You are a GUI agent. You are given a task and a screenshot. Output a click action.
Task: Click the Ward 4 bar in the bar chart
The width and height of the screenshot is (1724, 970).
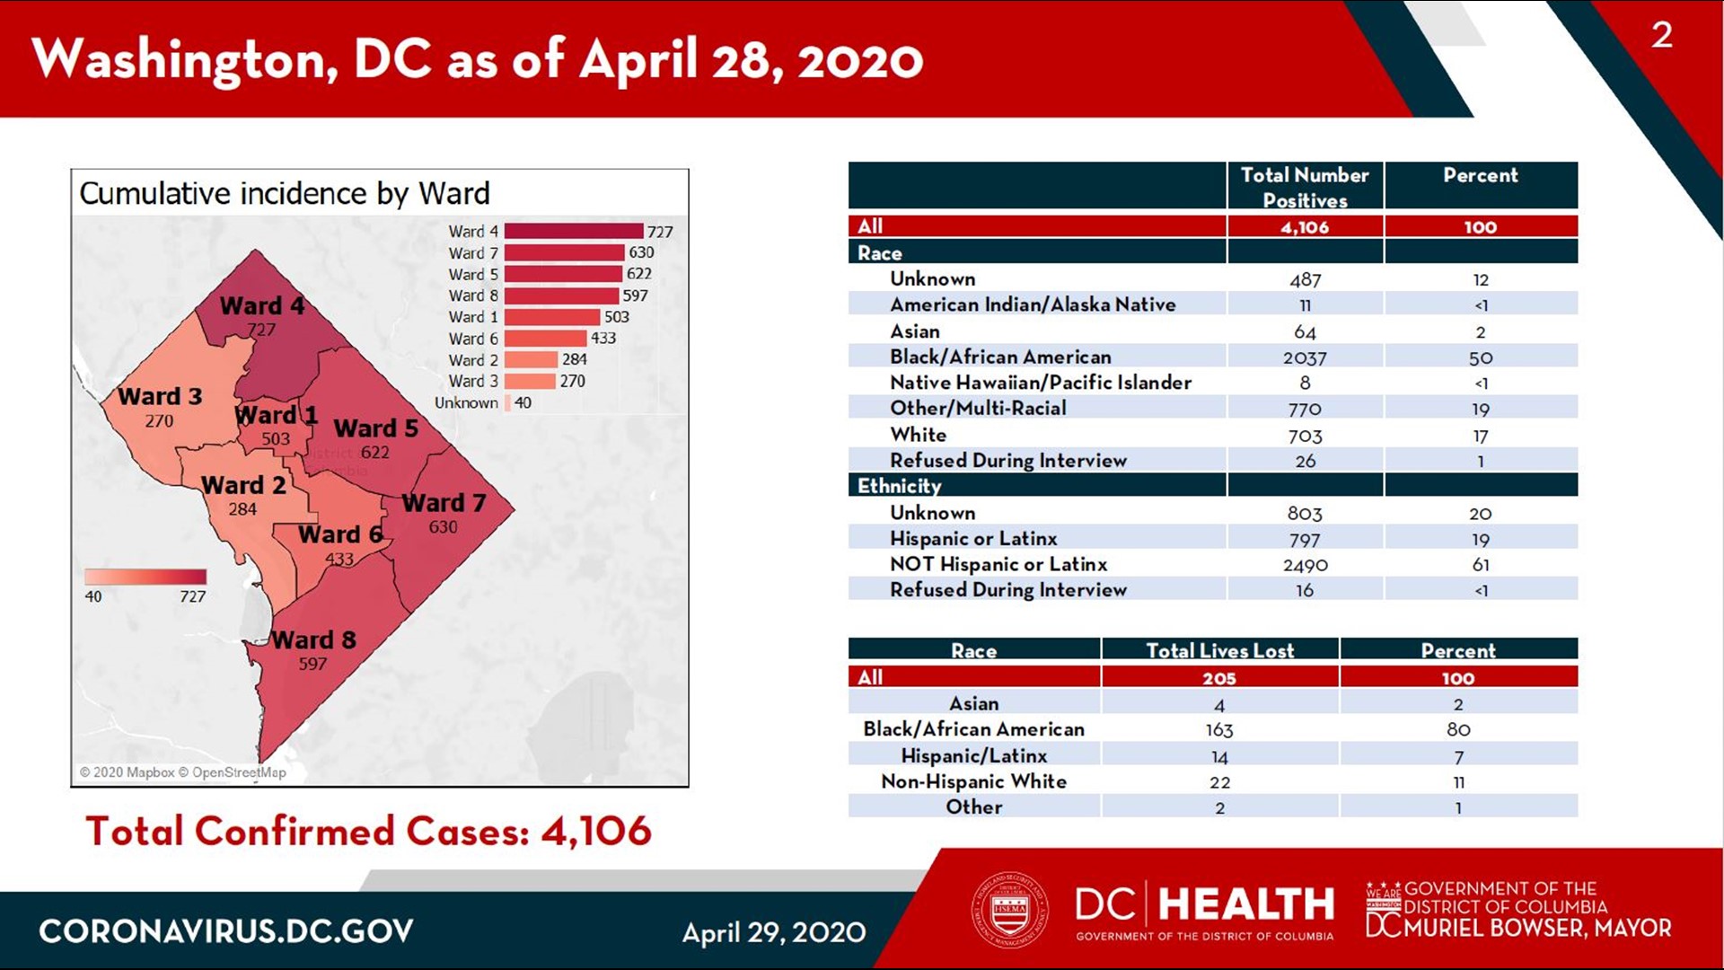point(574,232)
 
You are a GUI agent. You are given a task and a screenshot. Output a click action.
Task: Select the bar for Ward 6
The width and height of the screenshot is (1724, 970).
point(545,339)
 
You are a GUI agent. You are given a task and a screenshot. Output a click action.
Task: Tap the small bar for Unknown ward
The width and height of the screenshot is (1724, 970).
point(507,403)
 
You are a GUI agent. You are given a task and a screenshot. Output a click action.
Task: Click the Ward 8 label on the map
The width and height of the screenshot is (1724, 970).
point(313,640)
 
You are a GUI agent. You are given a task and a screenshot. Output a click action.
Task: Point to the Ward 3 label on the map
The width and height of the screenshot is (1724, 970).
point(160,397)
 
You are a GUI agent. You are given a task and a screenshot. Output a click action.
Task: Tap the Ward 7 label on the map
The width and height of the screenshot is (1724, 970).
point(443,503)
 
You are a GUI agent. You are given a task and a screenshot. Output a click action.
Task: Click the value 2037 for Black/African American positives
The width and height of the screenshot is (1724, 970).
point(1305,357)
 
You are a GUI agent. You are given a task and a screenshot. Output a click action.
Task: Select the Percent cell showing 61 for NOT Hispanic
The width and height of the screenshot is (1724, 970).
point(1480,565)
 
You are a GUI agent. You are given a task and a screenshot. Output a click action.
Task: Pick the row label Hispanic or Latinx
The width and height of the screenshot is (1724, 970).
point(973,539)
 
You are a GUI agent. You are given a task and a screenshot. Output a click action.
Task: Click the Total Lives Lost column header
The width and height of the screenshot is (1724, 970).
point(1219,650)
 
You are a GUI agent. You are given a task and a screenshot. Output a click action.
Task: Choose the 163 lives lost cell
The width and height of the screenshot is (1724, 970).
point(1219,730)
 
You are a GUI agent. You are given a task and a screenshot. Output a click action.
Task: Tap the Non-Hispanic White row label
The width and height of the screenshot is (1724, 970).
point(973,781)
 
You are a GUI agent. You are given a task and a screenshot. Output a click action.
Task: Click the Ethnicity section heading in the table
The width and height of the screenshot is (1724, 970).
point(899,486)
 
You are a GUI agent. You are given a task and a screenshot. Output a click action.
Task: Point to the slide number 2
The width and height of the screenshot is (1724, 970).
point(1661,35)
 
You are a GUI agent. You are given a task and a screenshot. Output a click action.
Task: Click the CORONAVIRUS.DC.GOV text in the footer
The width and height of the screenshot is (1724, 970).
point(225,931)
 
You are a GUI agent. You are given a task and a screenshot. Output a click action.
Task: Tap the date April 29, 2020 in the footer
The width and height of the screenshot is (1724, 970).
point(773,933)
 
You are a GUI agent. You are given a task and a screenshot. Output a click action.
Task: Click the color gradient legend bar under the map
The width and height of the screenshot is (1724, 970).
point(145,577)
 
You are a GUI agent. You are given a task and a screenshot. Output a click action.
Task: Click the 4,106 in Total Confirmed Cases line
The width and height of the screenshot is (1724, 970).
point(595,831)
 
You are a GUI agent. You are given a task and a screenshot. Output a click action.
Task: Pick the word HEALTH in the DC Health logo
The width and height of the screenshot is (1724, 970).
point(1246,904)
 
